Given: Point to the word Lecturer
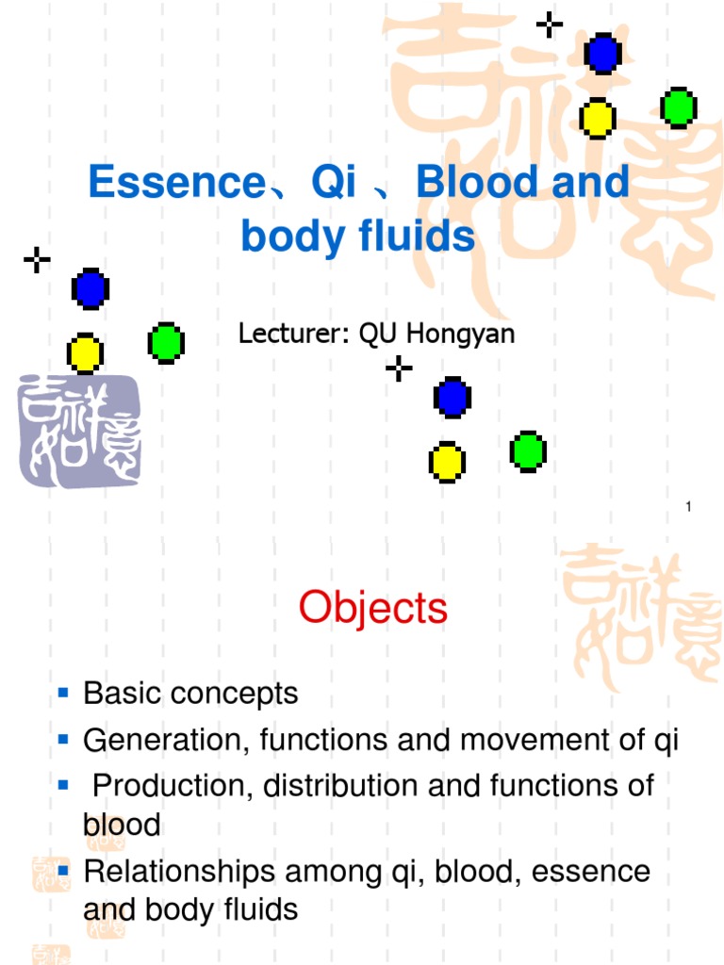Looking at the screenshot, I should click(291, 335).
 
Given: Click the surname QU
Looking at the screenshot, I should click(377, 335).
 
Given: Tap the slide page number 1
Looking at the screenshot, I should click(689, 509).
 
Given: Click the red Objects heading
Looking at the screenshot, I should click(373, 608).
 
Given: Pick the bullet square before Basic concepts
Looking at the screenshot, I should click(64, 694).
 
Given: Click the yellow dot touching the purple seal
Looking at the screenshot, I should click(85, 353).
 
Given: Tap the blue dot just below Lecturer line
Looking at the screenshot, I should click(452, 397).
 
